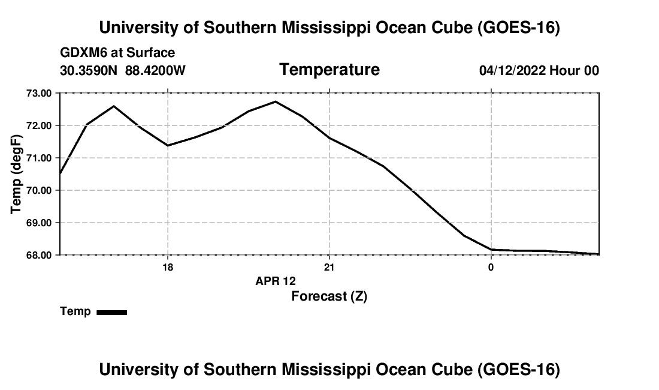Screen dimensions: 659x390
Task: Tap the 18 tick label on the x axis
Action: tap(168, 267)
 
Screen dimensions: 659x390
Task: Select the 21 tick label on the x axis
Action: tap(329, 267)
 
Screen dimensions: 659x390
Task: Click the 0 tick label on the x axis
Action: tap(491, 267)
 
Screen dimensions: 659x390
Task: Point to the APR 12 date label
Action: tap(276, 281)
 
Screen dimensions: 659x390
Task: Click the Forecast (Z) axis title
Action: tap(329, 296)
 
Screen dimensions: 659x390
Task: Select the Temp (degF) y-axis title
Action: tap(16, 174)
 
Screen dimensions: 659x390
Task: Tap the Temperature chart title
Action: tap(329, 70)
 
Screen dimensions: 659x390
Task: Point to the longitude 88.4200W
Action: tap(155, 70)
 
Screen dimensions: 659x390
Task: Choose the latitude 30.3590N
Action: tap(89, 70)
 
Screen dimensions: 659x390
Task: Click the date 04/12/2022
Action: tap(512, 70)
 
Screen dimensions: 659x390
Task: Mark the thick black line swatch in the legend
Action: tap(112, 312)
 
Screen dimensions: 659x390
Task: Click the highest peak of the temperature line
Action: tap(276, 101)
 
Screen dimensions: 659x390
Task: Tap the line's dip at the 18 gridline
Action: tap(168, 146)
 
